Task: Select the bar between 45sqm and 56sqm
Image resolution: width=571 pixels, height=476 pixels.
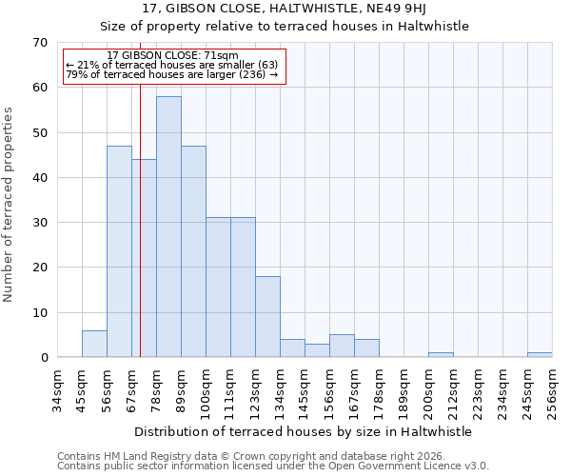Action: coord(94,344)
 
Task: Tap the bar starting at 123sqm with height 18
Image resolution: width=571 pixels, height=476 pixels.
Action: coord(267,316)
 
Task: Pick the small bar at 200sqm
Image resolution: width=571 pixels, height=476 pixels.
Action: coord(441,355)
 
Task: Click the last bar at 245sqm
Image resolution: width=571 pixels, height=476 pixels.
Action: coord(540,355)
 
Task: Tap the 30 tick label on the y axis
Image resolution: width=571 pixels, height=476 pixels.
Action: coord(39,223)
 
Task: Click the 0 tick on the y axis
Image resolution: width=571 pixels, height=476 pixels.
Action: coord(43,358)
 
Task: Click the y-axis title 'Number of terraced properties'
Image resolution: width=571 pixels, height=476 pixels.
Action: coord(9,205)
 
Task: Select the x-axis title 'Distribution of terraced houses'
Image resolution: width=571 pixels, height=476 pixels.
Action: coord(303,431)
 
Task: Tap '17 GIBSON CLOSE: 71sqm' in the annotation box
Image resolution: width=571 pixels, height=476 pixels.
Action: coord(172,57)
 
